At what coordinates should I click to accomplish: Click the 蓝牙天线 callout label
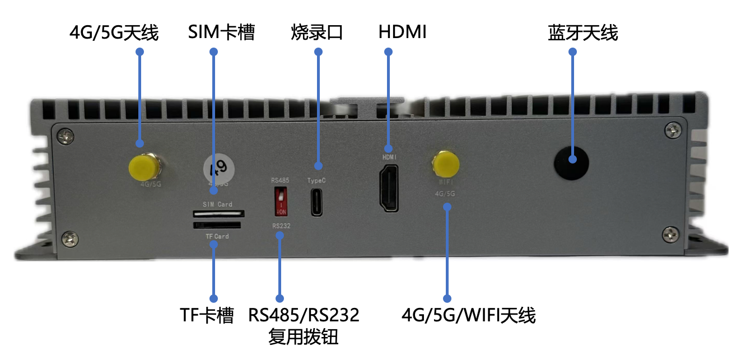click(582, 33)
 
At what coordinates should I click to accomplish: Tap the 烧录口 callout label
click(317, 33)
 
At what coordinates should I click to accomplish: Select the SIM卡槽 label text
click(221, 33)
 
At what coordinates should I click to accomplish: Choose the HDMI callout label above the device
click(402, 33)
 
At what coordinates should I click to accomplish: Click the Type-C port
click(317, 202)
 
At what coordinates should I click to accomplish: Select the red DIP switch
click(280, 200)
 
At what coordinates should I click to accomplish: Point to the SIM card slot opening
click(218, 213)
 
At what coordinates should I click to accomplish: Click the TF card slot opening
click(217, 225)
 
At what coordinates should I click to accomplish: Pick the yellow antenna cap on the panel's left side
click(142, 166)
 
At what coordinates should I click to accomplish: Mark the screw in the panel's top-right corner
click(673, 130)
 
